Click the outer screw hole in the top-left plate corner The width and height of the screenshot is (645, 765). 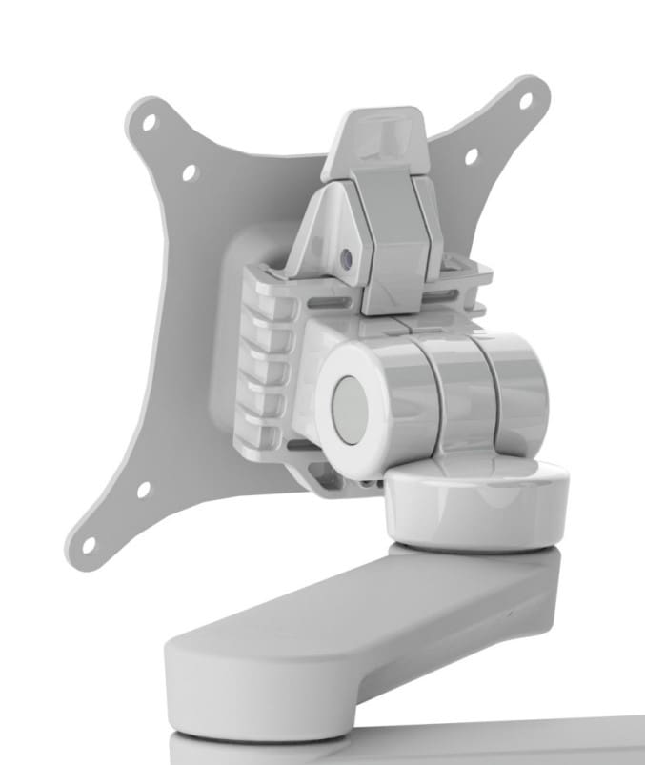(x=148, y=123)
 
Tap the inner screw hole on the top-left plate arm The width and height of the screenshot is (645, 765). (x=189, y=172)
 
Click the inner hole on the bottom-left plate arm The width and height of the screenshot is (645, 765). (x=143, y=490)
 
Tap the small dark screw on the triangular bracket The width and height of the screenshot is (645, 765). (x=345, y=258)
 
